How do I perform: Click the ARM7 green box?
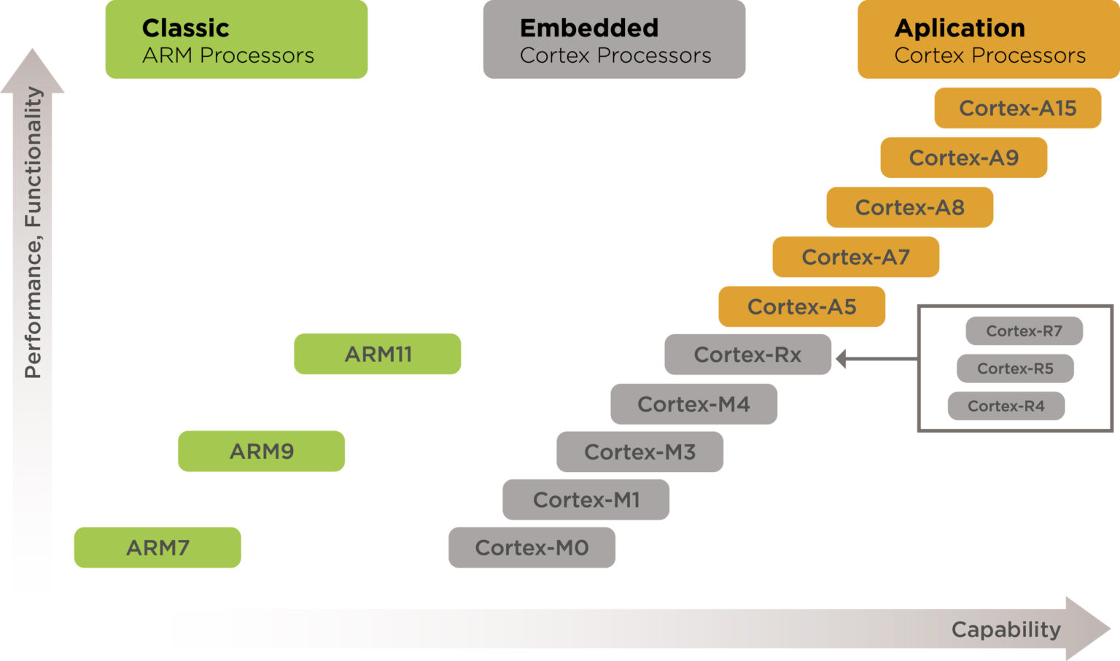(x=157, y=547)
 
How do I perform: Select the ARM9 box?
(x=261, y=451)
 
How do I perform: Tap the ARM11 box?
(x=378, y=354)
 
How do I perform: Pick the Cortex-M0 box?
(x=532, y=547)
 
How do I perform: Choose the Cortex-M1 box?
(x=586, y=500)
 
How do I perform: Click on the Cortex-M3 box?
(x=639, y=452)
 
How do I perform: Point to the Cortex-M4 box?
(x=693, y=404)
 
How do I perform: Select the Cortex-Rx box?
(x=747, y=355)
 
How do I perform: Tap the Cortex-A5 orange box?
(x=801, y=306)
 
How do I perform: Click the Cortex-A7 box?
(x=855, y=257)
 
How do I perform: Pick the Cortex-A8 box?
(x=909, y=207)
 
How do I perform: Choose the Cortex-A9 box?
(x=963, y=158)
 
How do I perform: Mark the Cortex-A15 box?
(x=1017, y=108)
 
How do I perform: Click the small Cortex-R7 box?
(x=1024, y=331)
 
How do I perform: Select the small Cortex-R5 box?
(x=1015, y=368)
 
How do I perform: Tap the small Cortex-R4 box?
(x=1006, y=406)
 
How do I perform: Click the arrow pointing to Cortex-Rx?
(x=875, y=358)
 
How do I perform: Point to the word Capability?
(x=1006, y=629)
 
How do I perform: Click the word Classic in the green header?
(x=185, y=28)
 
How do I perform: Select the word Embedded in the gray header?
(x=589, y=28)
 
